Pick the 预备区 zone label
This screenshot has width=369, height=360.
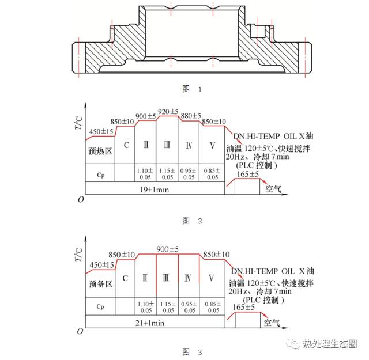(100, 283)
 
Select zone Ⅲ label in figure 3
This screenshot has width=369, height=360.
(167, 278)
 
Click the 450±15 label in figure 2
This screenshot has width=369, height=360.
(101, 132)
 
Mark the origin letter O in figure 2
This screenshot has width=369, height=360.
(81, 199)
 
